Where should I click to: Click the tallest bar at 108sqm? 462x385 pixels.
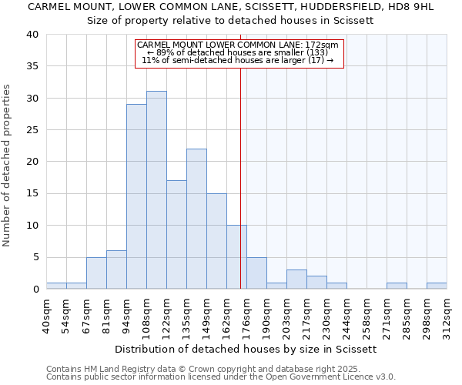(x=156, y=190)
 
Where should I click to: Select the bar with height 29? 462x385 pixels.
(x=136, y=196)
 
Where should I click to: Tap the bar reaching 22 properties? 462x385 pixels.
(x=196, y=219)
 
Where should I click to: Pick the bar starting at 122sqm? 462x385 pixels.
(x=176, y=235)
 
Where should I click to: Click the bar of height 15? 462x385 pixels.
(x=216, y=241)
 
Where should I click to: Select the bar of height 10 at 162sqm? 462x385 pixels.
(x=236, y=257)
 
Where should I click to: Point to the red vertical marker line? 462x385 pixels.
(x=241, y=177)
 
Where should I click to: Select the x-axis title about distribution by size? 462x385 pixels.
(x=246, y=349)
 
